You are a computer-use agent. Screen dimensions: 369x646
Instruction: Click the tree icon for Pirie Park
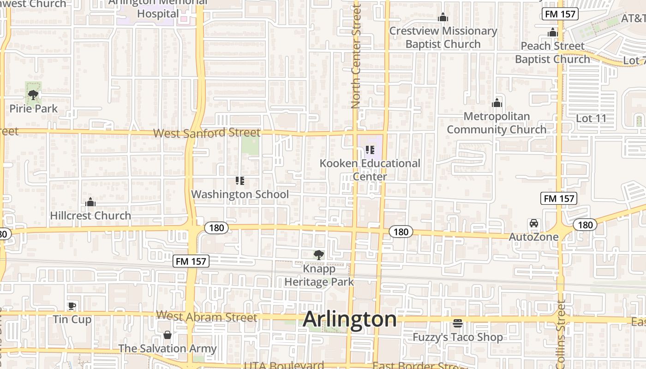pyautogui.click(x=33, y=95)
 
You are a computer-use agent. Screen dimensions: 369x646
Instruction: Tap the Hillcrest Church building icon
pyautogui.click(x=90, y=202)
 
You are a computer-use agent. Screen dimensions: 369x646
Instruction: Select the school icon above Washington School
pyautogui.click(x=239, y=181)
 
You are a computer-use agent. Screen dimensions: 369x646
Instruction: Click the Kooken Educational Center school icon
pyautogui.click(x=370, y=150)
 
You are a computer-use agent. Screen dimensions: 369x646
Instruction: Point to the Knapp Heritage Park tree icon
pyautogui.click(x=318, y=255)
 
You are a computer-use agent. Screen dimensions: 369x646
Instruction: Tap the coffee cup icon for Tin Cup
pyautogui.click(x=72, y=305)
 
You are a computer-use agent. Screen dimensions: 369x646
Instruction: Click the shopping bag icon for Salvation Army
pyautogui.click(x=167, y=335)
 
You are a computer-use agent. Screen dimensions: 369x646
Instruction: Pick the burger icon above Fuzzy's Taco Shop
pyautogui.click(x=458, y=323)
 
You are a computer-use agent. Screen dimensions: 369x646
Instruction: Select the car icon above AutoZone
pyautogui.click(x=534, y=223)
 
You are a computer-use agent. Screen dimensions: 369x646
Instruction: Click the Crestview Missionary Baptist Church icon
pyautogui.click(x=443, y=18)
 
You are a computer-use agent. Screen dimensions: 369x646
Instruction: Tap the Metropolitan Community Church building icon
pyautogui.click(x=497, y=103)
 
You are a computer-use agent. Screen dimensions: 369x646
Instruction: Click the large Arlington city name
pyautogui.click(x=350, y=319)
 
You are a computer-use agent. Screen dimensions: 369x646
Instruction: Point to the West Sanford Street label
pyautogui.click(x=207, y=133)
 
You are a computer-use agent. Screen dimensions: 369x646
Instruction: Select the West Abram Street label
pyautogui.click(x=206, y=317)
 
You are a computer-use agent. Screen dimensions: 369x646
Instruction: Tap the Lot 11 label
pyautogui.click(x=591, y=119)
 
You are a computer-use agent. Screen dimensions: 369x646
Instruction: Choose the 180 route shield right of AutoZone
pyautogui.click(x=585, y=225)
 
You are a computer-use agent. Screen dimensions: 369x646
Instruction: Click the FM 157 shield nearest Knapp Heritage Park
pyautogui.click(x=191, y=262)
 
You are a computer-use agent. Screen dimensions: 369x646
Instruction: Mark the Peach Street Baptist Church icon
pyautogui.click(x=552, y=33)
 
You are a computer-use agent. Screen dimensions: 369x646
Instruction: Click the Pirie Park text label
pyautogui.click(x=34, y=109)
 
